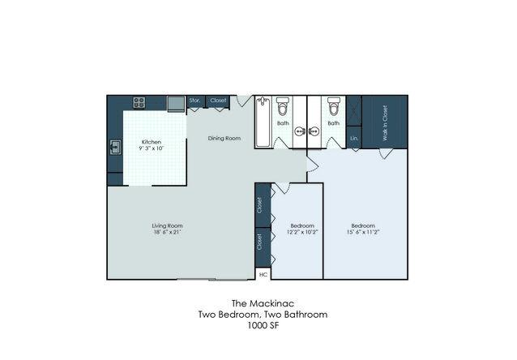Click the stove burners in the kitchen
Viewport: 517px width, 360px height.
[x=139, y=102]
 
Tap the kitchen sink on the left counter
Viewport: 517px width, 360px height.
[x=115, y=148]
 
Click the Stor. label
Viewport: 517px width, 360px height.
[x=194, y=100]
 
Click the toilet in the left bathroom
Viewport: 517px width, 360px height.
[x=283, y=105]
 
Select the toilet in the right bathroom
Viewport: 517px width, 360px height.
[x=334, y=105]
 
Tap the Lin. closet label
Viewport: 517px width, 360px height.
[x=354, y=139]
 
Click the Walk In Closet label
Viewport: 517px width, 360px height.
[x=385, y=123]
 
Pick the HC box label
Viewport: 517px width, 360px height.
[x=263, y=274]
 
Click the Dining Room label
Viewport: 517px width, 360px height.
[x=224, y=139]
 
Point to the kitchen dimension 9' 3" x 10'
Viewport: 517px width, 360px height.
[x=152, y=148]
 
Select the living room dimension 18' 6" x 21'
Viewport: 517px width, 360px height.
[x=167, y=232]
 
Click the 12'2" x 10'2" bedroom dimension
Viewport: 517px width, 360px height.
[x=302, y=232]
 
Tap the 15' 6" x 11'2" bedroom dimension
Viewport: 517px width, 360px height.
[x=363, y=232]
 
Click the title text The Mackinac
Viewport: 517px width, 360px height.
[x=263, y=303]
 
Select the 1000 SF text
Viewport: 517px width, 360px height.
[x=263, y=325]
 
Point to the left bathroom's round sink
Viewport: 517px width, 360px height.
[x=299, y=131]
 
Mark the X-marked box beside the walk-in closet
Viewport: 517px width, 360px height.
[x=354, y=110]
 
